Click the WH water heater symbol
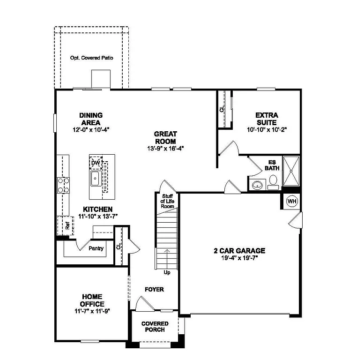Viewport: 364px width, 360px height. [x=292, y=201]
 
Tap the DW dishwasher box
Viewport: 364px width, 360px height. [x=96, y=163]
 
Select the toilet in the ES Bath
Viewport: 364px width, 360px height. [x=273, y=181]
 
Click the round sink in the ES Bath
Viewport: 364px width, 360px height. [x=257, y=185]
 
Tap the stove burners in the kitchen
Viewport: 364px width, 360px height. [x=63, y=185]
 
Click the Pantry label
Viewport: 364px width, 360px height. [x=96, y=248]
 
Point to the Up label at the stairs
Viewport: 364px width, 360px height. [x=167, y=272]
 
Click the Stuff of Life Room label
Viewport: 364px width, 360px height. [x=168, y=201]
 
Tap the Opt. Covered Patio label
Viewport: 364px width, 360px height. [x=92, y=58]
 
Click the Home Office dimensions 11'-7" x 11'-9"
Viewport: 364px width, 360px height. [x=92, y=311]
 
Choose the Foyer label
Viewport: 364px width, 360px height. [x=154, y=289]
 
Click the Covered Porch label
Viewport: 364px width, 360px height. [x=155, y=326]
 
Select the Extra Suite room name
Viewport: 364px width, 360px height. [x=267, y=119]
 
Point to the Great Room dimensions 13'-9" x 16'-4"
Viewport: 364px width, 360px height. [x=165, y=148]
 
